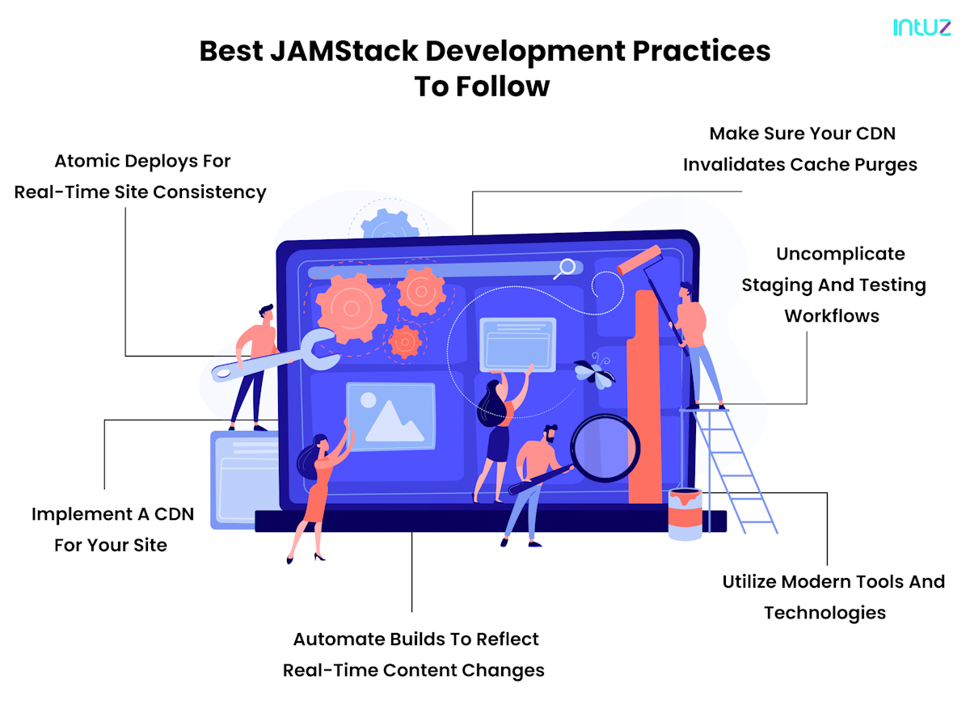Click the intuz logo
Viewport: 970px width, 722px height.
point(921,27)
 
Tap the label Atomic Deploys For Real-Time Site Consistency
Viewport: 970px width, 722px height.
point(141,176)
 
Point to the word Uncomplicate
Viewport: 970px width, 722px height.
point(840,254)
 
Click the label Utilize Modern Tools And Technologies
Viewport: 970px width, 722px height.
point(833,597)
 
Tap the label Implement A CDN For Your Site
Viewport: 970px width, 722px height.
point(112,530)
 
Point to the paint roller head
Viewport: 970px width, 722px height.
point(639,260)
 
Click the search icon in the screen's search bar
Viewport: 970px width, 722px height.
point(566,268)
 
